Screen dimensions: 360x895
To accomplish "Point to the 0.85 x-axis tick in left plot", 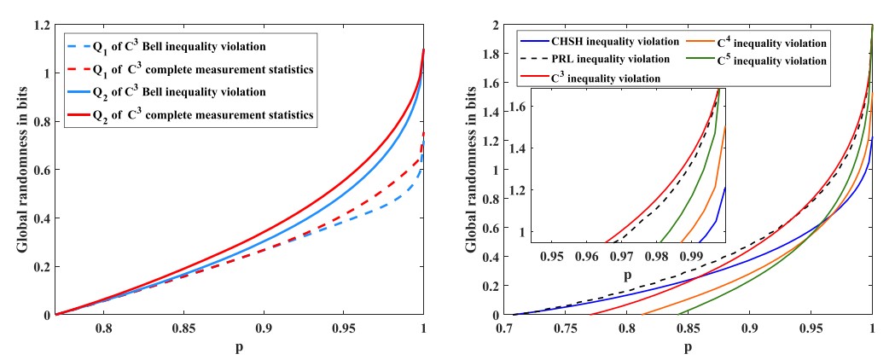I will coord(184,327).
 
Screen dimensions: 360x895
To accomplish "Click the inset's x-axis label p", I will coord(627,275).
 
